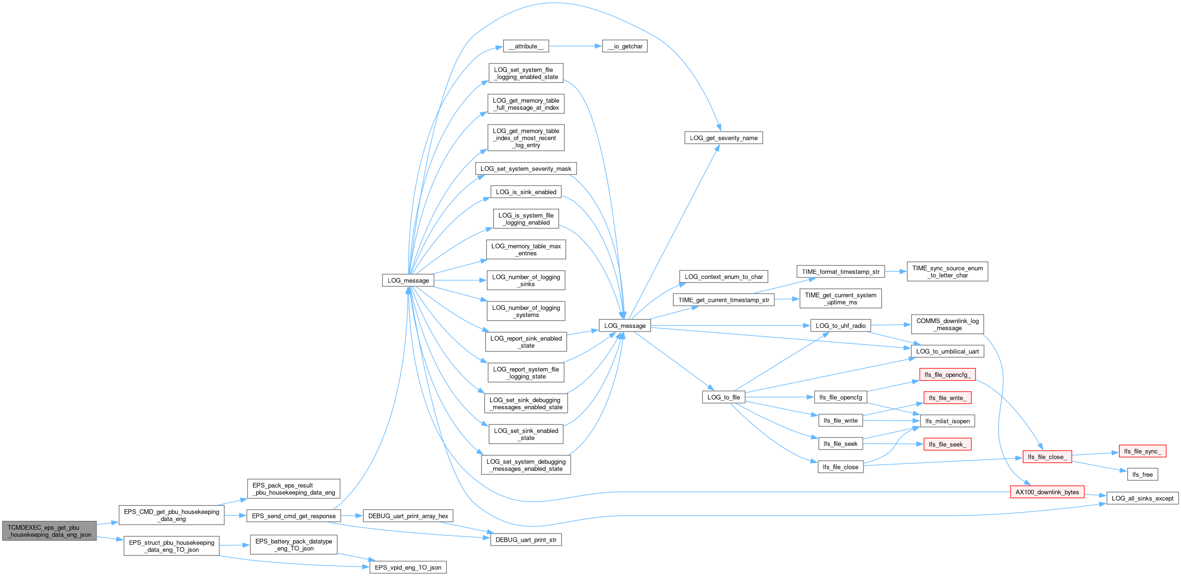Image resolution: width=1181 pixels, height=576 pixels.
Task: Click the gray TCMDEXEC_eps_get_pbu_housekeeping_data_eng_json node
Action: coord(49,531)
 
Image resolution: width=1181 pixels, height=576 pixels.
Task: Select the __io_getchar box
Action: coord(625,46)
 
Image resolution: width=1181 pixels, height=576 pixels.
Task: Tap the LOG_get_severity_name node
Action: coord(724,138)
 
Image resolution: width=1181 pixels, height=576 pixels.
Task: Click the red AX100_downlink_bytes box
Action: coord(1047,492)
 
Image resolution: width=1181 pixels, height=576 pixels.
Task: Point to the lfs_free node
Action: coord(1142,474)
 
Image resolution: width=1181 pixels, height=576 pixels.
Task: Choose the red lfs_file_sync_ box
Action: coord(1142,451)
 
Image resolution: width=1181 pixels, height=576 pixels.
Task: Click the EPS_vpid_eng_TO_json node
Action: coord(408,568)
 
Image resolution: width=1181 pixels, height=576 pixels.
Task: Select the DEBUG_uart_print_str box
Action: coord(526,540)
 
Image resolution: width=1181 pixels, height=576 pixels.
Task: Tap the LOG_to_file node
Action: coord(724,397)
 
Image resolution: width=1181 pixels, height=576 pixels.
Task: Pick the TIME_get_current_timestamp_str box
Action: coord(724,300)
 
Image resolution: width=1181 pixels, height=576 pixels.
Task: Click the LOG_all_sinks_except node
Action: coord(1142,498)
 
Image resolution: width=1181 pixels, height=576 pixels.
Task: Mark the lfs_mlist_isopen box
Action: coord(947,421)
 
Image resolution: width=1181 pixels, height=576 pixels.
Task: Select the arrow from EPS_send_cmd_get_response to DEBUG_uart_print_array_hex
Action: coord(352,516)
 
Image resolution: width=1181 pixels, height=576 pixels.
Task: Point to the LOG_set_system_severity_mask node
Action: coord(526,169)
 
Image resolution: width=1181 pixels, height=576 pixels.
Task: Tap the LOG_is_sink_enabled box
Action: coord(526,192)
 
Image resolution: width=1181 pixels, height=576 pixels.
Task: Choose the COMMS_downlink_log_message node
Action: coord(947,325)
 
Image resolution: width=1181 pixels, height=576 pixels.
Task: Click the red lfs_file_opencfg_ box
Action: coord(947,374)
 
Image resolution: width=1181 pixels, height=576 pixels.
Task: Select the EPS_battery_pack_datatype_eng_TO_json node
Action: coord(293,545)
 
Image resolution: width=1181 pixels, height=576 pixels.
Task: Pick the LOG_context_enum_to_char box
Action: coord(724,276)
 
